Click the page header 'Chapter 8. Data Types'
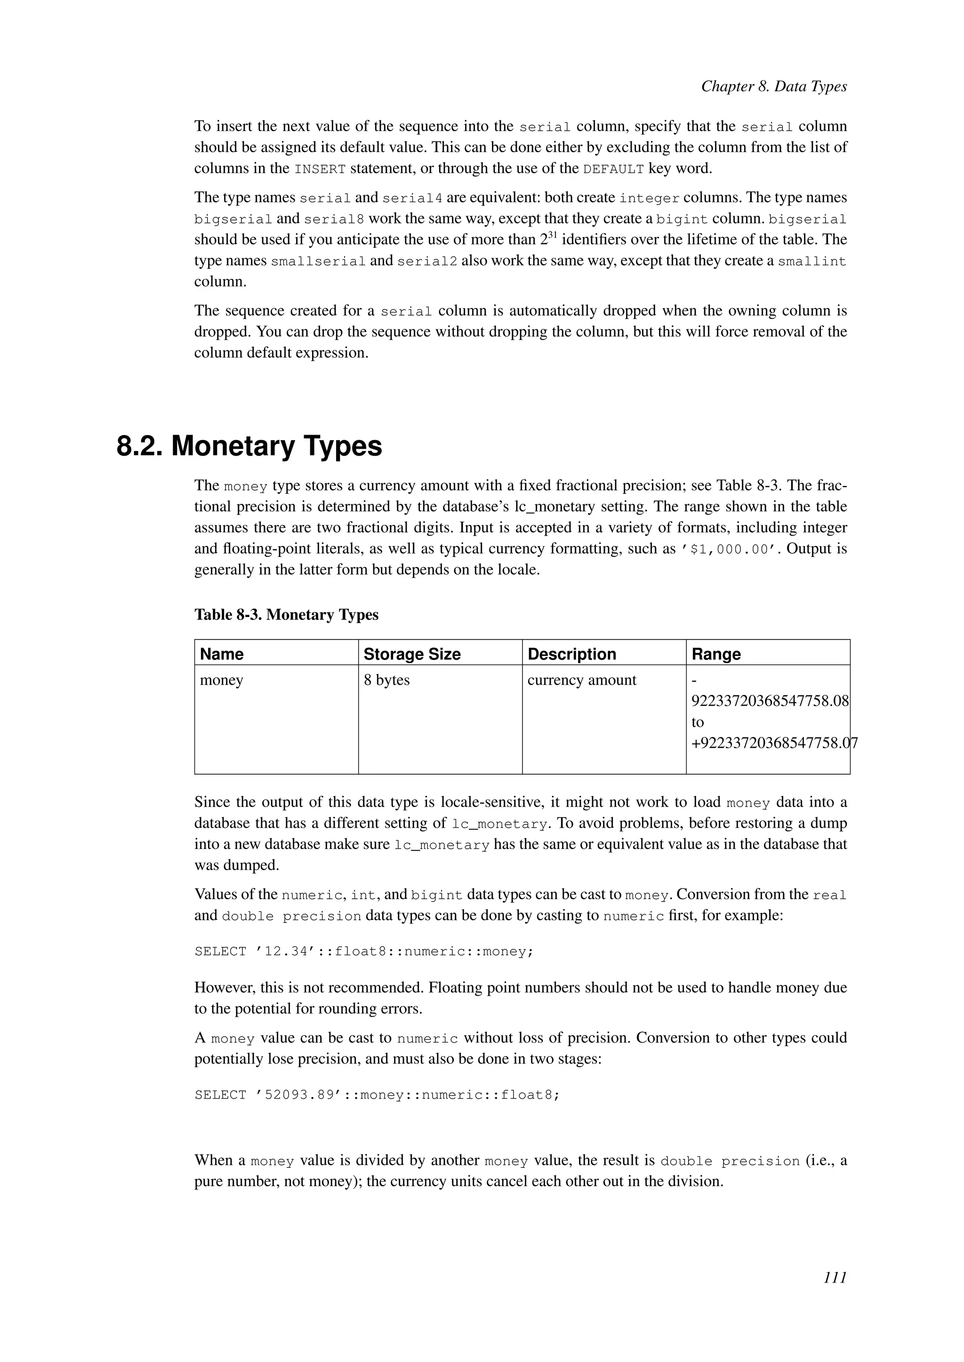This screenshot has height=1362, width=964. point(773,87)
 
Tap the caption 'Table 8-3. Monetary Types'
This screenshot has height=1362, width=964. point(286,615)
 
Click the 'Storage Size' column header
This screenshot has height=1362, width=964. point(412,654)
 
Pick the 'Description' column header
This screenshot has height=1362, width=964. point(571,654)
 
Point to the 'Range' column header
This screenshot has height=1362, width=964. point(716,654)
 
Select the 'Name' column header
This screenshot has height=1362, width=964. point(221,654)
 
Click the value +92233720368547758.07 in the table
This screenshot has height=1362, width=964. point(771,743)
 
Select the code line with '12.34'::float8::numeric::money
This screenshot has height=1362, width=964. point(364,951)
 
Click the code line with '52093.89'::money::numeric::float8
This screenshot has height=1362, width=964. point(377,1095)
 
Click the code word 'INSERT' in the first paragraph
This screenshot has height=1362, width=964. point(320,169)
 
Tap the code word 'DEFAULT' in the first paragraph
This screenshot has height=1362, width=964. point(613,169)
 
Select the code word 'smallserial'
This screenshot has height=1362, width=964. point(318,261)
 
